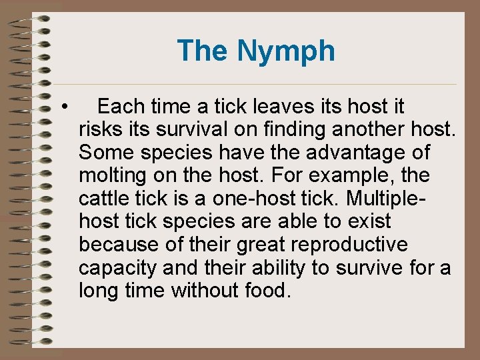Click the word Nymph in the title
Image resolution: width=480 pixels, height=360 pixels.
pyautogui.click(x=287, y=51)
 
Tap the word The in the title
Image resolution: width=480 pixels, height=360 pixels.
pyautogui.click(x=203, y=51)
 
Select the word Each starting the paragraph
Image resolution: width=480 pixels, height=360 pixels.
pyautogui.click(x=120, y=107)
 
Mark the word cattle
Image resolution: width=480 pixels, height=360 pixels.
pyautogui.click(x=106, y=199)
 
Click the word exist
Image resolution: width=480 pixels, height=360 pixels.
pyautogui.click(x=371, y=221)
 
